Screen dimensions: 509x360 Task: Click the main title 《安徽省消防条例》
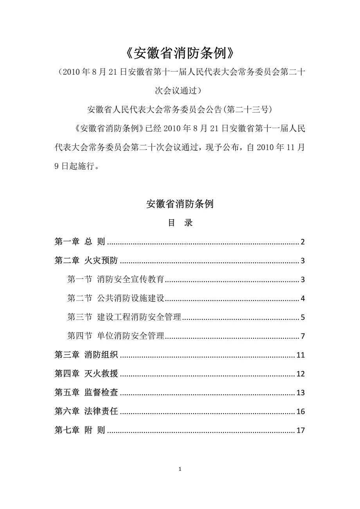180,54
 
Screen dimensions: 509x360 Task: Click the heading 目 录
180,223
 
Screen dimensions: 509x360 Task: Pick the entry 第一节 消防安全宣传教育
115,280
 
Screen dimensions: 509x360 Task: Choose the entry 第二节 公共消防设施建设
115,299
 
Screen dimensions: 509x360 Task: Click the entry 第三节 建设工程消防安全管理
124,317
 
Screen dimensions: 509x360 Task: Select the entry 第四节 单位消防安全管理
115,336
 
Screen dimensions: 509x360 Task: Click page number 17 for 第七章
301,431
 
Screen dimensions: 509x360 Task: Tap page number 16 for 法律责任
301,412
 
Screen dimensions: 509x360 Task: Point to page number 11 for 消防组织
301,355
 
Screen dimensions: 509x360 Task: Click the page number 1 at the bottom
180,469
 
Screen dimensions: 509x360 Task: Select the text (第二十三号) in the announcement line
246,109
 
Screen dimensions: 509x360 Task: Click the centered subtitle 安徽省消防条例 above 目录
180,204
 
